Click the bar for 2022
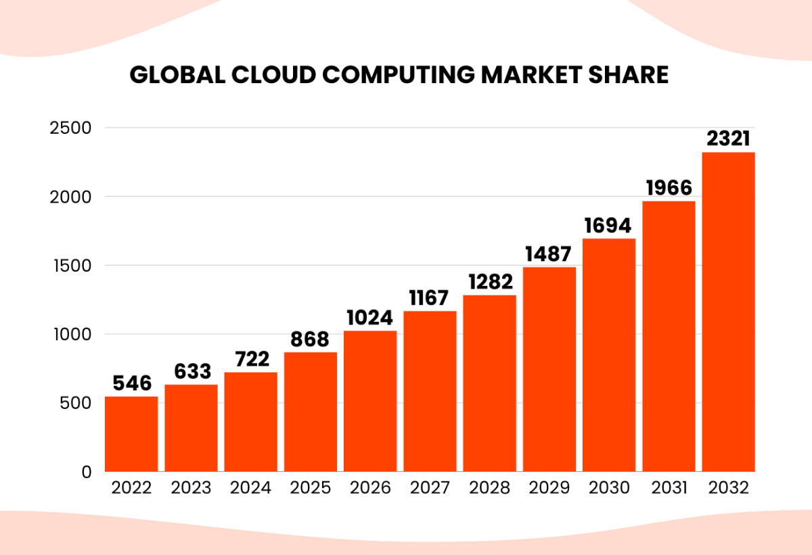click(x=131, y=434)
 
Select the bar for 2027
click(x=430, y=391)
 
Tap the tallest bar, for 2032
click(x=728, y=312)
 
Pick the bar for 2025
click(x=311, y=412)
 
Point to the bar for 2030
click(x=609, y=355)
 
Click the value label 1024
click(x=370, y=318)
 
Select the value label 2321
click(x=728, y=139)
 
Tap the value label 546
click(x=131, y=383)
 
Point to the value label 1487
click(x=549, y=254)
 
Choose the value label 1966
click(x=669, y=188)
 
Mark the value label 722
click(x=250, y=359)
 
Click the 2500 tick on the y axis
click(x=70, y=128)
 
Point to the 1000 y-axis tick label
click(x=70, y=334)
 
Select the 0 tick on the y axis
click(x=86, y=472)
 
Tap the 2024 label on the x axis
click(x=250, y=487)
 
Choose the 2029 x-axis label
click(x=549, y=487)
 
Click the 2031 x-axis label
click(x=669, y=487)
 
